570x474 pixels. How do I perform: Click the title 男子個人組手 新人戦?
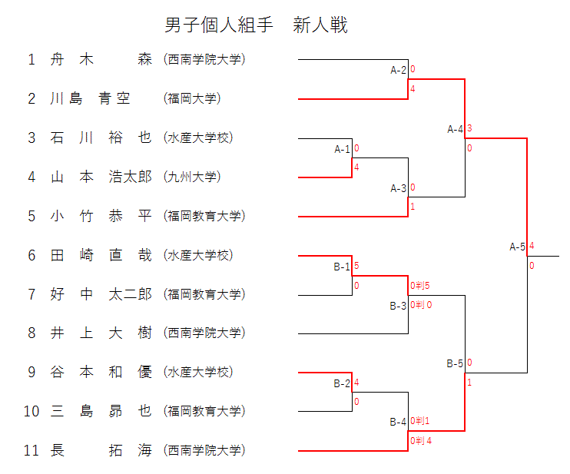click(x=257, y=25)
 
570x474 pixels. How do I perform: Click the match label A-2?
click(x=398, y=71)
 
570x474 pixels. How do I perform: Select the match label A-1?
click(x=342, y=149)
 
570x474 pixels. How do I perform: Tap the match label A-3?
click(x=398, y=188)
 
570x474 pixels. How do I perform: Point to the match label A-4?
click(x=456, y=129)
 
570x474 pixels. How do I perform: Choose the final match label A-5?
click(x=518, y=247)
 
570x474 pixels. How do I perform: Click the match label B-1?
click(x=342, y=267)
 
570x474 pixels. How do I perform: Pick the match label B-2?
click(x=342, y=383)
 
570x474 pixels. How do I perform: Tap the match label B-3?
click(x=398, y=306)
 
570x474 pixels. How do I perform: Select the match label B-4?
click(x=398, y=422)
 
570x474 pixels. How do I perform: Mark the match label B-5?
click(x=456, y=363)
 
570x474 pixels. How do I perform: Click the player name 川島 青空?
click(x=91, y=98)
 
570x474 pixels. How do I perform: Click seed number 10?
click(x=31, y=411)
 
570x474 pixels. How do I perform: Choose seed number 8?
click(x=31, y=333)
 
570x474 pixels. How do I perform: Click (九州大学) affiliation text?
click(x=192, y=177)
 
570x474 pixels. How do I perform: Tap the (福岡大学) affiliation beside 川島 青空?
click(x=192, y=98)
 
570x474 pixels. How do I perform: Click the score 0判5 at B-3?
click(x=420, y=287)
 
